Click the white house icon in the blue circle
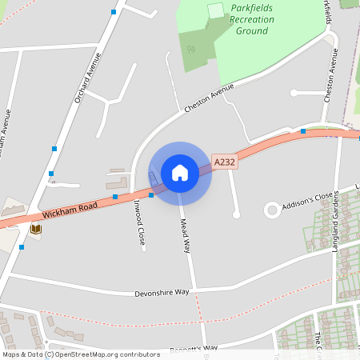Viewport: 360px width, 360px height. pyautogui.click(x=180, y=173)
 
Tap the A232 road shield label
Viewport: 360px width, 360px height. pyautogui.click(x=225, y=162)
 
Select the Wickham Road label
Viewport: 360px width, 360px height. pyautogui.click(x=70, y=210)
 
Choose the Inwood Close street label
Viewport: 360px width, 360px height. pyautogui.click(x=139, y=223)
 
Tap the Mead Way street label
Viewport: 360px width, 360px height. pyautogui.click(x=185, y=235)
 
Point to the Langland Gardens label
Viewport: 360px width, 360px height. pyautogui.click(x=336, y=226)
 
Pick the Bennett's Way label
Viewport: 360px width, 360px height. pyautogui.click(x=194, y=349)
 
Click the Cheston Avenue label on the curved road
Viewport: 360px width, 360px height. pyautogui.click(x=209, y=97)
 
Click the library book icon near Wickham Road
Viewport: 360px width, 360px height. pyautogui.click(x=35, y=229)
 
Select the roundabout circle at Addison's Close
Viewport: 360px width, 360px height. pyautogui.click(x=272, y=210)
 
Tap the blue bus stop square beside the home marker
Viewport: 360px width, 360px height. pyautogui.click(x=150, y=194)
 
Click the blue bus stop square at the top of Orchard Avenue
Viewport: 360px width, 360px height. pyautogui.click(x=113, y=13)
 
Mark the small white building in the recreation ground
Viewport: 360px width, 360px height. pyautogui.click(x=215, y=10)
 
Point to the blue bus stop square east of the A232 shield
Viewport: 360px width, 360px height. pyautogui.click(x=302, y=131)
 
